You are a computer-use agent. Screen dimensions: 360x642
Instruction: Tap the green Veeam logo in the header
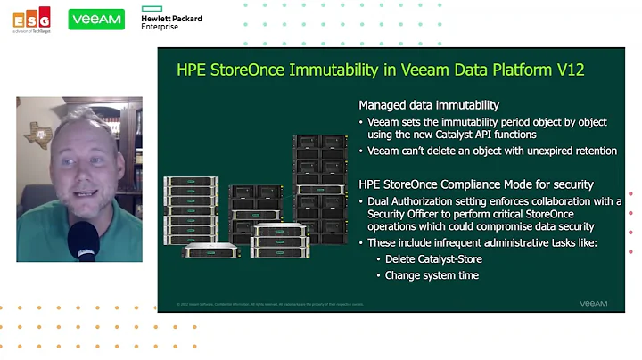[96, 19]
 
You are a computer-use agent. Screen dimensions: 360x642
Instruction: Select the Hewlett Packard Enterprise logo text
[171, 21]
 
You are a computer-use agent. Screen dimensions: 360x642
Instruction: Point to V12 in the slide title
[566, 70]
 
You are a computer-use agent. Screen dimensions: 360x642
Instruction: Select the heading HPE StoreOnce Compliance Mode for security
[462, 184]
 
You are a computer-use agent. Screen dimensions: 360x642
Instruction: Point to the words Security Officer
[401, 215]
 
